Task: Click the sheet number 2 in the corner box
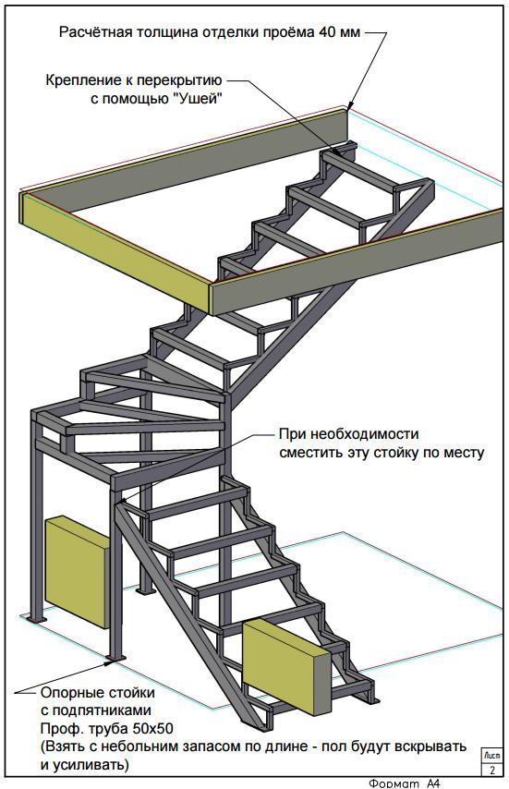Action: point(492,770)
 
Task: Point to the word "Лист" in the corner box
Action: point(491,756)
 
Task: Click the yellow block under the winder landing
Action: point(77,573)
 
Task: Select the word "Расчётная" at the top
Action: point(97,32)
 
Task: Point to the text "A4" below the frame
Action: point(433,783)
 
